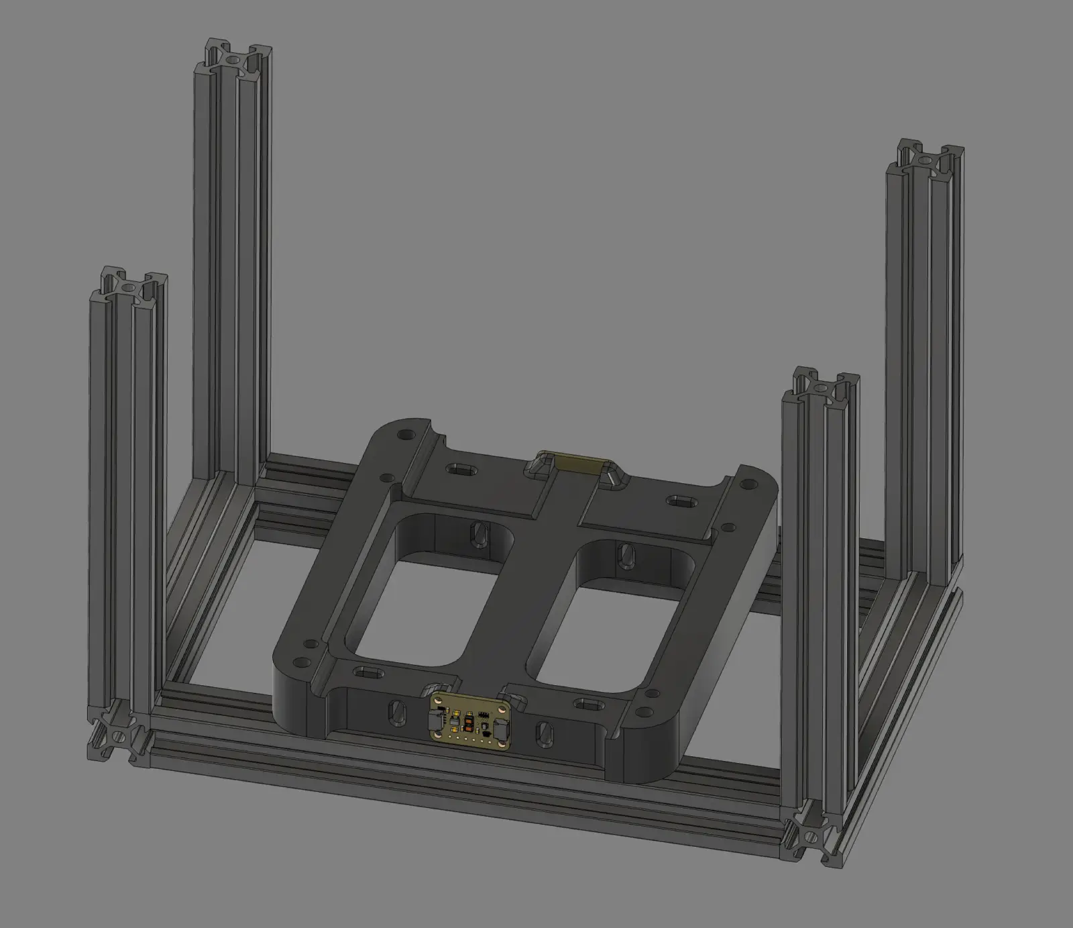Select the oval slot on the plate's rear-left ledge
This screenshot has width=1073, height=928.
pyautogui.click(x=461, y=469)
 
